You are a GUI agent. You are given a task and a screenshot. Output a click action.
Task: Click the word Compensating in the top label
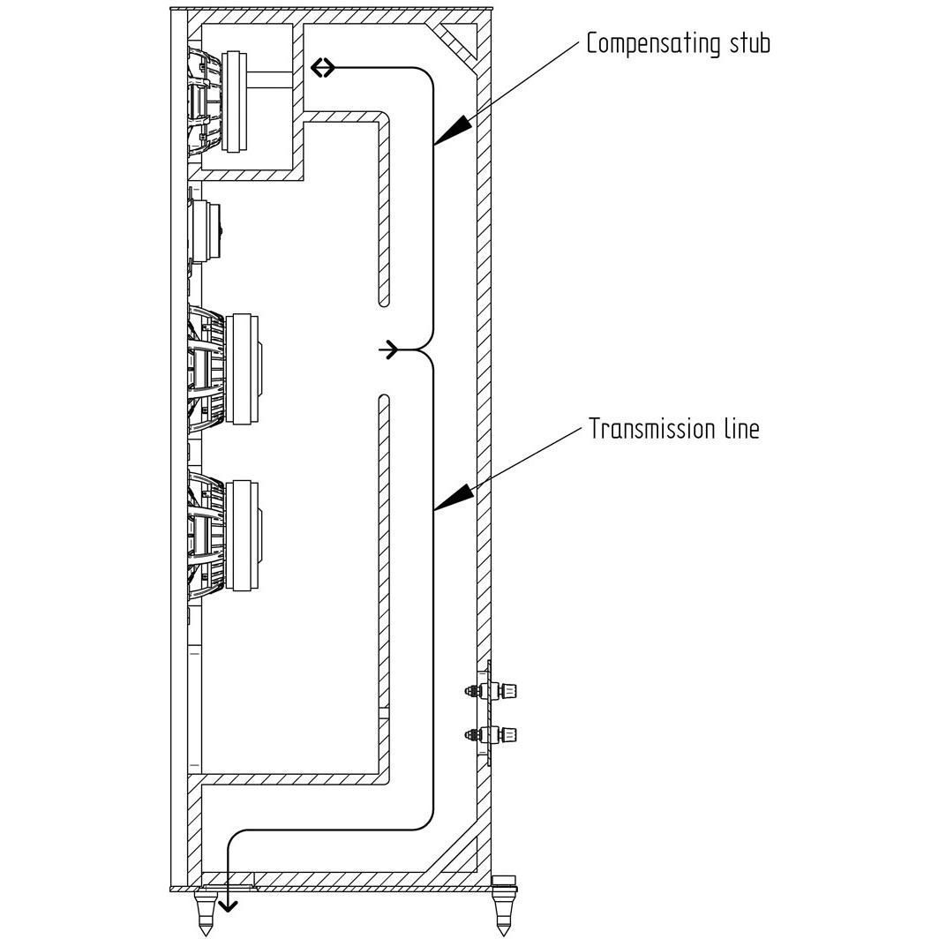tap(654, 44)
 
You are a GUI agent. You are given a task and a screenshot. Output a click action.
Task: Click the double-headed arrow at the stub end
tap(323, 68)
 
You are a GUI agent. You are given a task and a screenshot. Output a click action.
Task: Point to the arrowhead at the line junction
tap(390, 349)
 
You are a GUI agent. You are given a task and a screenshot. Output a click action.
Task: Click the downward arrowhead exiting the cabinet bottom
tap(228, 906)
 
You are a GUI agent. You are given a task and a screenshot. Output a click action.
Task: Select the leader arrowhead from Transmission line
tap(453, 497)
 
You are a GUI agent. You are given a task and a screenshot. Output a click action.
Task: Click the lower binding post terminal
tap(491, 734)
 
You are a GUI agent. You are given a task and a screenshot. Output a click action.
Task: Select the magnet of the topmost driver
tap(234, 101)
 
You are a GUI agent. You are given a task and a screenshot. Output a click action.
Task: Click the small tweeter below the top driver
tap(204, 230)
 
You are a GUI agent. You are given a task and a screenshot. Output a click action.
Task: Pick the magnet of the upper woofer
tap(243, 369)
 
